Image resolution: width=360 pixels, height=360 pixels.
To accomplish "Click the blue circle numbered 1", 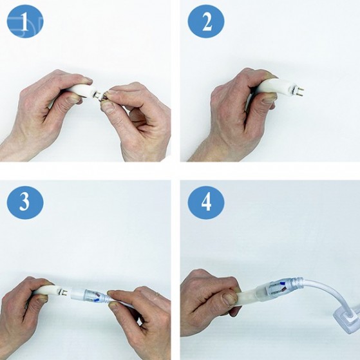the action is [25, 21].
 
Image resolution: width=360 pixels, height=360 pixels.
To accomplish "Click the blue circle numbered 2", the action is [206, 21].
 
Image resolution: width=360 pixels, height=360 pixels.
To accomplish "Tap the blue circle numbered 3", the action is [25, 202].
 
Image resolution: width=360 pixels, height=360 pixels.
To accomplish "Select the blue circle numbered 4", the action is [206, 202].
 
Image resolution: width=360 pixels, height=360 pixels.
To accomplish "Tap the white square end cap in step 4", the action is [346, 320].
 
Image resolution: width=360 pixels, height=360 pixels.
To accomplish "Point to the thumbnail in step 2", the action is [269, 100].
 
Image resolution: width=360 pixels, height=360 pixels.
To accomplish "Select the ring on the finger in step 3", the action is [157, 294].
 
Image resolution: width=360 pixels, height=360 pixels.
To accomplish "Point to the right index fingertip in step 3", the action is [112, 293].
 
